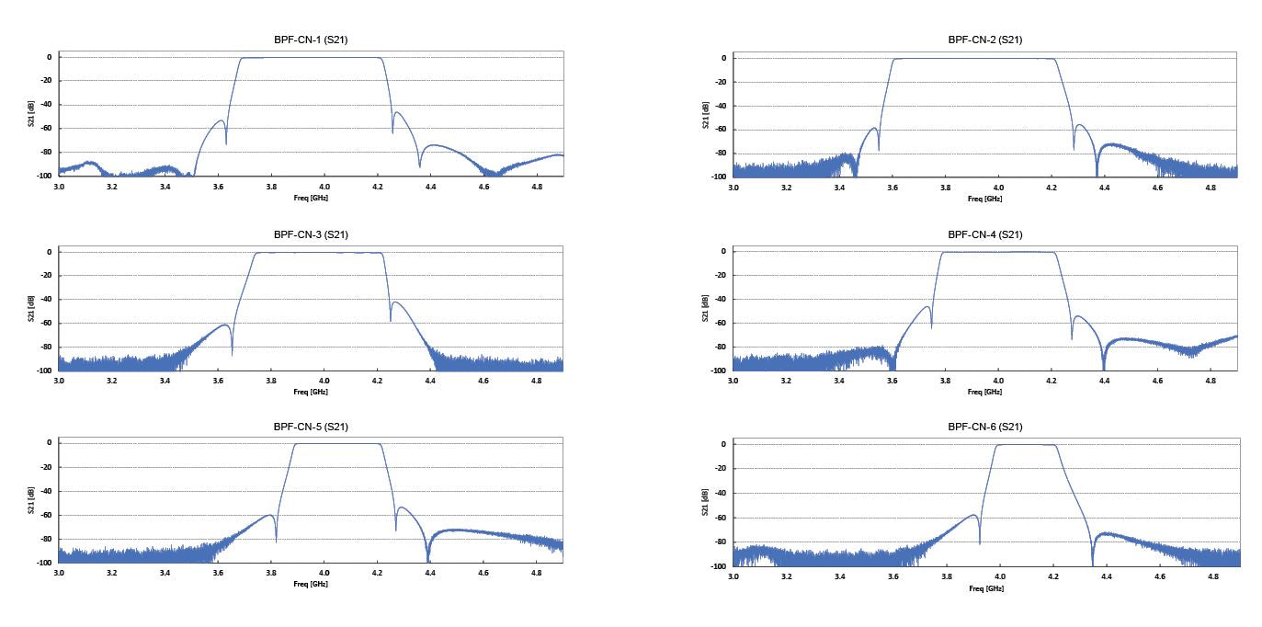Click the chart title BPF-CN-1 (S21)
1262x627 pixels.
[311, 40]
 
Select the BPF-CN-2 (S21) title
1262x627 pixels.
[985, 40]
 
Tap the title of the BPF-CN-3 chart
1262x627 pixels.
[311, 234]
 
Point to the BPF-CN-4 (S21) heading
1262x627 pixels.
[985, 234]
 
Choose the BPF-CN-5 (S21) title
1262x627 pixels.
[311, 427]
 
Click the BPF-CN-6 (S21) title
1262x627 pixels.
[985, 427]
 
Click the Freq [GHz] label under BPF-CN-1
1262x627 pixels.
[311, 198]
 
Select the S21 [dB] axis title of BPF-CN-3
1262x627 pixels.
[32, 311]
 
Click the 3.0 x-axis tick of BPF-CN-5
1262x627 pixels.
[59, 572]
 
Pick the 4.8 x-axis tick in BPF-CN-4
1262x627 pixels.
[1211, 380]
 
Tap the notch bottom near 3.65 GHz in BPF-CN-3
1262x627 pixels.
[232, 353]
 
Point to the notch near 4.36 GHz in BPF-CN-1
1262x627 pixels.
[419, 165]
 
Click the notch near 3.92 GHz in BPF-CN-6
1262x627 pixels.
[979, 543]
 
